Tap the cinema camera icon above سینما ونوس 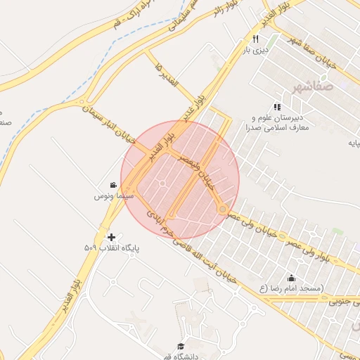pos(113,185)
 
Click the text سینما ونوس pos(110,196)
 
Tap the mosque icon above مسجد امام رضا pos(292,278)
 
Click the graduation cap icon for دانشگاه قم pos(181,346)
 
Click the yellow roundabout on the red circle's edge pos(223,209)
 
